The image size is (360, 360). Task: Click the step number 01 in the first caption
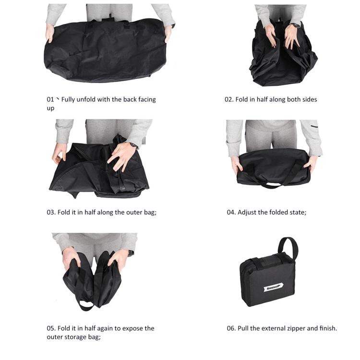point(50,99)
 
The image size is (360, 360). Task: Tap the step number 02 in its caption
point(229,99)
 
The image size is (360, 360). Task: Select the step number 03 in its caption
point(51,212)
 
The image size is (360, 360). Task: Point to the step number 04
point(231,212)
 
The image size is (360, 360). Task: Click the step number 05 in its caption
point(51,328)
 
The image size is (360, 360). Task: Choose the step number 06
point(231,328)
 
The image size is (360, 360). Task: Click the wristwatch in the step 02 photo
point(296,25)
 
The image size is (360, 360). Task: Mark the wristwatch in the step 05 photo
point(130,253)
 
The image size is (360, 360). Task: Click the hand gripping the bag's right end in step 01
point(168,34)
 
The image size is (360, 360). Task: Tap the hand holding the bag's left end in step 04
point(237,165)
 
